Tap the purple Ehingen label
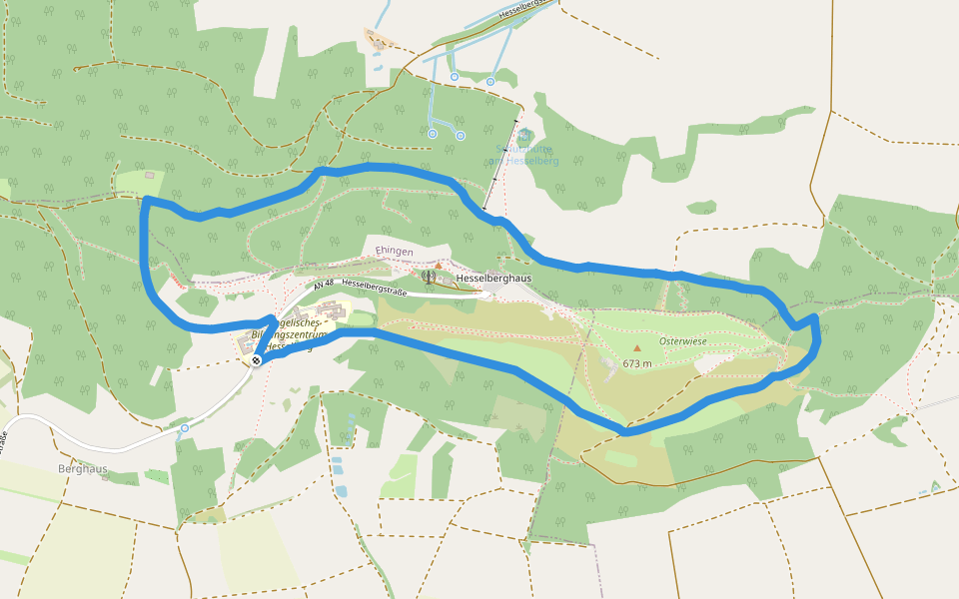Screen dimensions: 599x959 pyautogui.click(x=394, y=251)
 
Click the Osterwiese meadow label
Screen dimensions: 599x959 pyautogui.click(x=683, y=341)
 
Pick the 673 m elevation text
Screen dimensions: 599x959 pyautogui.click(x=637, y=364)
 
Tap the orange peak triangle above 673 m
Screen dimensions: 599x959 pyautogui.click(x=637, y=348)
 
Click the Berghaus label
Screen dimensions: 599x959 pyautogui.click(x=82, y=468)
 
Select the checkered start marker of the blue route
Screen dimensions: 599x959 pyautogui.click(x=257, y=360)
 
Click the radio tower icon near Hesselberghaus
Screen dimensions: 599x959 pyautogui.click(x=429, y=277)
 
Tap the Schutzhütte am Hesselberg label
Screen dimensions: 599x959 pyautogui.click(x=527, y=155)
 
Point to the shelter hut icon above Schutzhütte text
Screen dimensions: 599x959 pyautogui.click(x=524, y=135)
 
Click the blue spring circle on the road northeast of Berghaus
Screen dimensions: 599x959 pyautogui.click(x=185, y=428)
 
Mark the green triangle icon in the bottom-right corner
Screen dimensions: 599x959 pyautogui.click(x=935, y=486)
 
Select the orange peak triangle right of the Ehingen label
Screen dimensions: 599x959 pyautogui.click(x=438, y=265)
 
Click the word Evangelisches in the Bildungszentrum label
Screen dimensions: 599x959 pyautogui.click(x=290, y=322)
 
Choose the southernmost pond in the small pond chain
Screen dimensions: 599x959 pyautogui.click(x=342, y=490)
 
